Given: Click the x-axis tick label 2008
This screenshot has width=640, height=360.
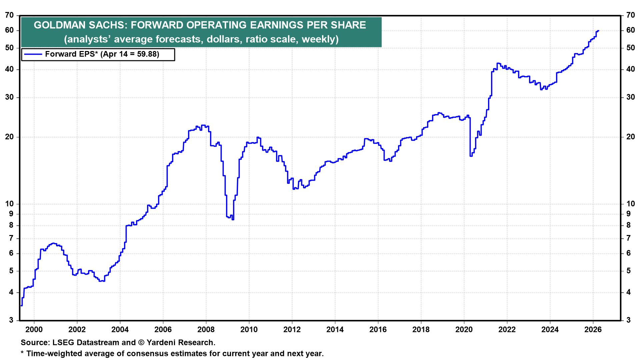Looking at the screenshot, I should (206, 330).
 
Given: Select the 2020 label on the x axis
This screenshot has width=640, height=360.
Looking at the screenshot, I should (464, 330).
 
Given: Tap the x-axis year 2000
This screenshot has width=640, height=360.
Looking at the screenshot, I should (34, 330).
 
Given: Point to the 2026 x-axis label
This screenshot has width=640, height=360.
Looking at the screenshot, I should (593, 330).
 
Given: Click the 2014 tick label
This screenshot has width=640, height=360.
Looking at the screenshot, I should (335, 330).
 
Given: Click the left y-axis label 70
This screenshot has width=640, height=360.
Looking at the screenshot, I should (10, 15).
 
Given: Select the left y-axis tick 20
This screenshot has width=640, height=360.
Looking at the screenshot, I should (10, 137).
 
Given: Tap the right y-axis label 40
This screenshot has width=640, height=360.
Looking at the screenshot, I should (630, 69).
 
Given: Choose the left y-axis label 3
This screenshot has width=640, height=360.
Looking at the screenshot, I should (11, 320).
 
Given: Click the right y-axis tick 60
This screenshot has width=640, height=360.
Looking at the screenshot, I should (630, 30).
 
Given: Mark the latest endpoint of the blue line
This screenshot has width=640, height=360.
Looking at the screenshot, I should (599, 31).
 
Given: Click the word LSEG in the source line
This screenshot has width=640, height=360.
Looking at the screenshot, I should (62, 342).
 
